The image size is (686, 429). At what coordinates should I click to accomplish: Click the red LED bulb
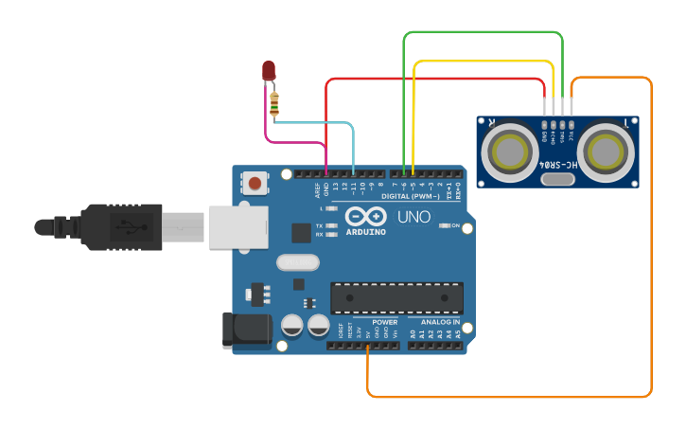pyautogui.click(x=269, y=69)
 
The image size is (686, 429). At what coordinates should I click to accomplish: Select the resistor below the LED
pyautogui.click(x=274, y=104)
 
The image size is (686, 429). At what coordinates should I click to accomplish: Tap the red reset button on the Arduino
pyautogui.click(x=255, y=181)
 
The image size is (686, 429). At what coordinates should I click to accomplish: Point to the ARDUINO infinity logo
pyautogui.click(x=365, y=216)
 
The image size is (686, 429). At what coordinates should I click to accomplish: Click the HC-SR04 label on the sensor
pyautogui.click(x=556, y=165)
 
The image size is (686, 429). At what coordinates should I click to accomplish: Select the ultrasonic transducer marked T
pyautogui.click(x=606, y=150)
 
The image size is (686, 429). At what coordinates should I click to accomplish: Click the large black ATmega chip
pyautogui.click(x=396, y=297)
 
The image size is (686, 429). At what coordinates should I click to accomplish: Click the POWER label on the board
pyautogui.click(x=385, y=322)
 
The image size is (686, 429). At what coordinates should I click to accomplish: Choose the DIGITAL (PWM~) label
pyautogui.click(x=410, y=196)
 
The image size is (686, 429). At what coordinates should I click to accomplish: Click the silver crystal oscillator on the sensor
pyautogui.click(x=557, y=178)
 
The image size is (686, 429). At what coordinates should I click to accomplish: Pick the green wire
pyautogui.click(x=483, y=32)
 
